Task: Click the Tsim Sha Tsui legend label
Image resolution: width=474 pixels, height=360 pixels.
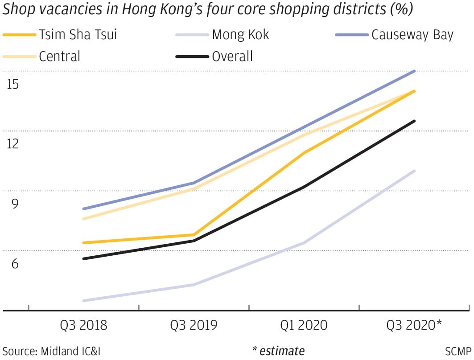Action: [x=78, y=35]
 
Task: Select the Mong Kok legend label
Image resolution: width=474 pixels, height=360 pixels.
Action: [x=240, y=35]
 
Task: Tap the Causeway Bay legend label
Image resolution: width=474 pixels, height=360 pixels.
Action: [x=412, y=35]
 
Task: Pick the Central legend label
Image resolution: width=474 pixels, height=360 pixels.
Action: [x=60, y=57]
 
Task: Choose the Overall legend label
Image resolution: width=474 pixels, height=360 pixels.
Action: [x=232, y=57]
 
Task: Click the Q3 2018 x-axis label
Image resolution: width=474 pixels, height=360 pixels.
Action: [x=84, y=325]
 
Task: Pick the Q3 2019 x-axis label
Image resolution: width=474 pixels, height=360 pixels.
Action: [x=194, y=325]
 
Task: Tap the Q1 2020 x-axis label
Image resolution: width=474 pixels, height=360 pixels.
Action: [x=304, y=325]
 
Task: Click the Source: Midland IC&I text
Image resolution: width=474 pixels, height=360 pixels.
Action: [x=51, y=351]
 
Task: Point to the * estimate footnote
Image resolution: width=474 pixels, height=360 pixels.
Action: [x=278, y=351]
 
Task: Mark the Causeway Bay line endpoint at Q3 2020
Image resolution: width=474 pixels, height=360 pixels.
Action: [x=415, y=71]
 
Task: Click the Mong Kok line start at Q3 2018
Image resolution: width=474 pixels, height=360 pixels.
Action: [x=84, y=301]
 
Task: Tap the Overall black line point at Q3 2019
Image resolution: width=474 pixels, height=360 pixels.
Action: [x=194, y=241]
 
